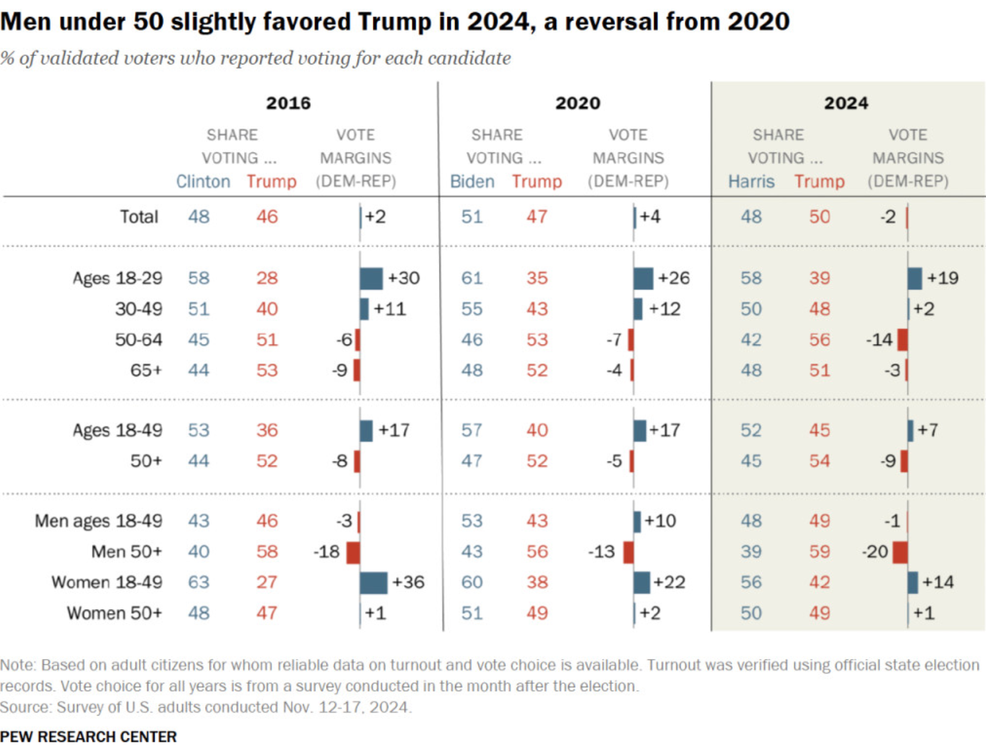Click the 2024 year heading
tap(845, 103)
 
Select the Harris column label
tap(751, 182)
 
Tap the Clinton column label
tap(203, 182)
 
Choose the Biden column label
tap(472, 182)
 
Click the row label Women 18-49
tap(106, 582)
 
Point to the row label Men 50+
tap(126, 551)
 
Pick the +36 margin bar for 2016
tap(373, 582)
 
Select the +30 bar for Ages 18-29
tap(371, 278)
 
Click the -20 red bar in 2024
tap(900, 551)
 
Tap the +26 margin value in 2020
tap(673, 278)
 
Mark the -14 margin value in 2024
tap(878, 340)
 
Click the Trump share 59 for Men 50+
tap(819, 551)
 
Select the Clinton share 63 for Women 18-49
tap(198, 582)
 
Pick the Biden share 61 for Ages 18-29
tap(472, 278)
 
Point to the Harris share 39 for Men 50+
tap(751, 551)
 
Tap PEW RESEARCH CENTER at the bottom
tap(88, 737)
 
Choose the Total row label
tap(139, 216)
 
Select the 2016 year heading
tap(289, 103)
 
